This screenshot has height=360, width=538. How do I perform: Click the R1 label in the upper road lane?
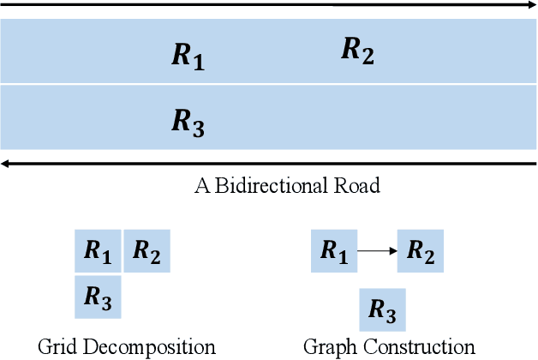[x=188, y=57]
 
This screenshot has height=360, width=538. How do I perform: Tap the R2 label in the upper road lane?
[x=357, y=50]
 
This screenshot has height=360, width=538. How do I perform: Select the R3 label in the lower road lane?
[x=188, y=123]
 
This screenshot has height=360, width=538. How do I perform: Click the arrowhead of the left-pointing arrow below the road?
[x=7, y=162]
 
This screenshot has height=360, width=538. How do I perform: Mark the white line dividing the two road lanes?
[x=269, y=84]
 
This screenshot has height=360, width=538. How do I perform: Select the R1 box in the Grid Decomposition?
[x=98, y=251]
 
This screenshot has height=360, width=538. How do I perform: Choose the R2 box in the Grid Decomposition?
[x=147, y=251]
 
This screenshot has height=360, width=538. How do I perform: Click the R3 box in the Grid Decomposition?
[x=98, y=297]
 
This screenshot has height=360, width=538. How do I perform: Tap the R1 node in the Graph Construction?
[x=334, y=250]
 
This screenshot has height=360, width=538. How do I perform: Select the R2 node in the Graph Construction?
[x=421, y=250]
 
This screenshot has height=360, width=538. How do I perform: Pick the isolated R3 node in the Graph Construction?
[x=382, y=310]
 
